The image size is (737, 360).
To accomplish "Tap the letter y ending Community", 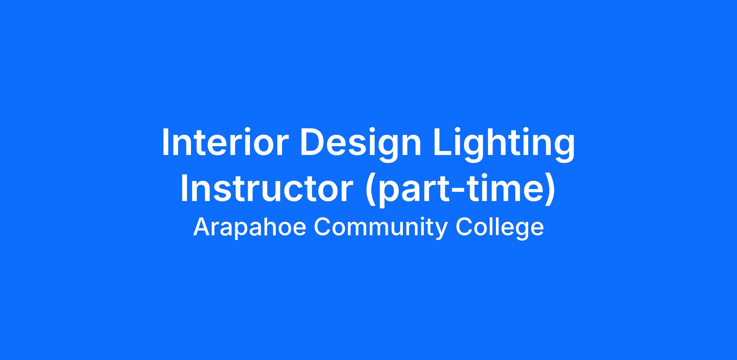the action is click(x=441, y=232).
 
